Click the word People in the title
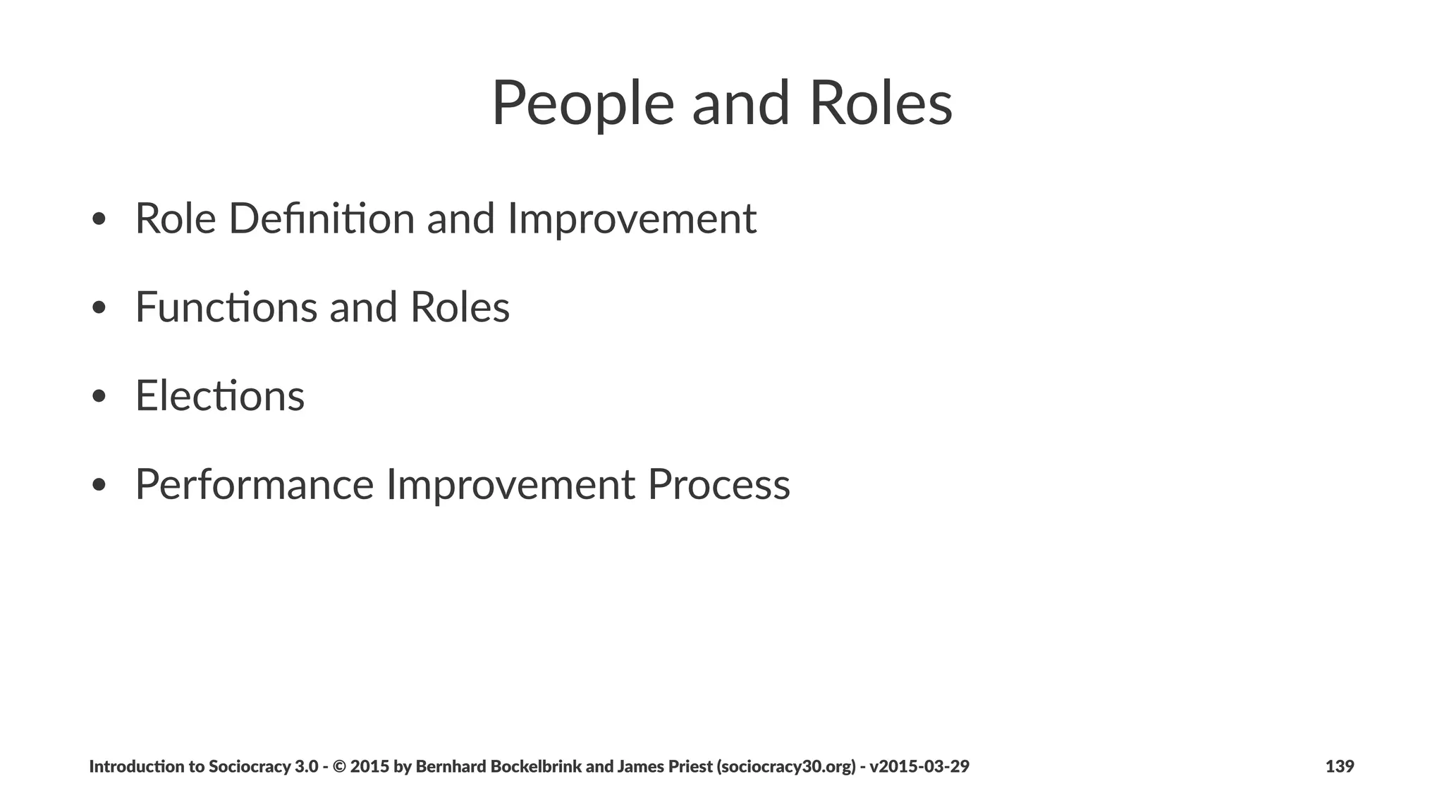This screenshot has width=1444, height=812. [582, 104]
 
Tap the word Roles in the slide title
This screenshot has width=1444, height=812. [881, 104]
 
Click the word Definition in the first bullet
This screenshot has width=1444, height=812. [322, 219]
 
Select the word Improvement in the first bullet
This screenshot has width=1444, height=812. [632, 219]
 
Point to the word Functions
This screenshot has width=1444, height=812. [226, 307]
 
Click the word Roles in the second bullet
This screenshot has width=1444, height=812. [460, 307]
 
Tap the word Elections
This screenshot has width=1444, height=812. [220, 395]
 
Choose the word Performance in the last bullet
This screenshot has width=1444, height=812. [254, 484]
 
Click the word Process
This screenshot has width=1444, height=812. [718, 484]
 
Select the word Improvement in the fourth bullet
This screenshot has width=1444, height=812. [510, 484]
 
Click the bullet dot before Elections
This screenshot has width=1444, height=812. [99, 397]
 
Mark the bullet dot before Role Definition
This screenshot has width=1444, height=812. [99, 220]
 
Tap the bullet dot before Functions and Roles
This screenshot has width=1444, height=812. [99, 309]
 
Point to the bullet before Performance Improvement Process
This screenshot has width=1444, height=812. [99, 486]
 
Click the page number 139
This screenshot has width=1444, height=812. [1339, 766]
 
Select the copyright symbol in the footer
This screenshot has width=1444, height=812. [338, 766]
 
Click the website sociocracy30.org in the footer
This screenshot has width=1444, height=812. [786, 766]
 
